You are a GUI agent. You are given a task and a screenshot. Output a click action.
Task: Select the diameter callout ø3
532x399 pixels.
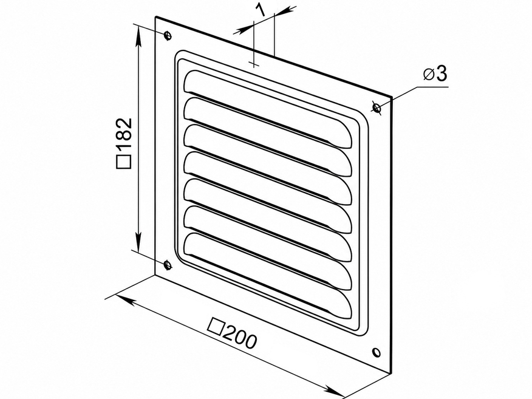coord(435,73)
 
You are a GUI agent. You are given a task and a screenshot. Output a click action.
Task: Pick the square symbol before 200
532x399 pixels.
coord(216,325)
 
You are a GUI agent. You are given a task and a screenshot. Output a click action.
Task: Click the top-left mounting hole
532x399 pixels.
coord(167,35)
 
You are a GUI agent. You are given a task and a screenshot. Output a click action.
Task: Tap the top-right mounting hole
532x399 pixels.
coord(377,107)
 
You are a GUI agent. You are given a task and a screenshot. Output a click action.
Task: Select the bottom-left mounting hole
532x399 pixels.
coord(167,264)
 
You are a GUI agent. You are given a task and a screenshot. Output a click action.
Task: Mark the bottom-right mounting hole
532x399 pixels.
coord(377,352)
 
